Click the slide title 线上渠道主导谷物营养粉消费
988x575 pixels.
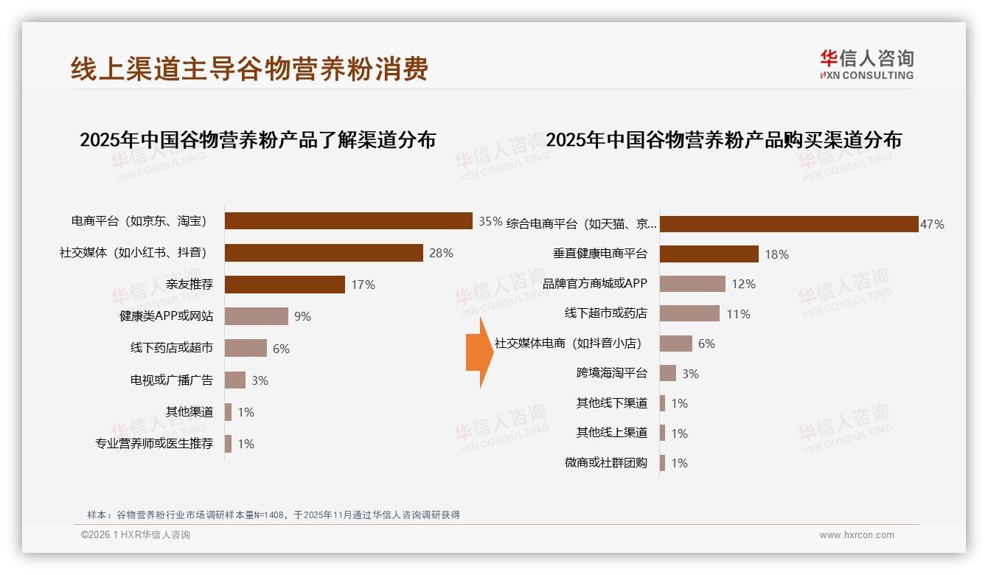click(249, 69)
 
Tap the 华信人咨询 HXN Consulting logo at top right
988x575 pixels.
click(866, 64)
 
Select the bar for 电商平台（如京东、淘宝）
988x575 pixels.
click(348, 221)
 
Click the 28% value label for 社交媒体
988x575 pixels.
click(441, 253)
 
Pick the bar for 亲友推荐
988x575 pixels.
click(285, 285)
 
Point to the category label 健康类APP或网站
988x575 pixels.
click(166, 316)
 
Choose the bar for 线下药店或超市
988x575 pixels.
click(246, 348)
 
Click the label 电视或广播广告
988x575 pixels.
click(171, 380)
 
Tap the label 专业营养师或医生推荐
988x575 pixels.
click(154, 444)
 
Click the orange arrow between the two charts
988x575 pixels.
click(479, 352)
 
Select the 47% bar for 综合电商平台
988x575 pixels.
click(788, 224)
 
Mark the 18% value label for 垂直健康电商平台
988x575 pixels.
click(776, 254)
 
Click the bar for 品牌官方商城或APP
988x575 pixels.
click(692, 284)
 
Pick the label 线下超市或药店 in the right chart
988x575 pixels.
click(605, 313)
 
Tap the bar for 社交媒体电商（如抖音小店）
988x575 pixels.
click(675, 344)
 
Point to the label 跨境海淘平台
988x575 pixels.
click(611, 373)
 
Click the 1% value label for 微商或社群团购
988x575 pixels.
click(679, 463)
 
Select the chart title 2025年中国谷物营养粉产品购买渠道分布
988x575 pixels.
click(723, 140)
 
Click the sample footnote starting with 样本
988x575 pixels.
click(273, 515)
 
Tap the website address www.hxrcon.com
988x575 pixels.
click(856, 535)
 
